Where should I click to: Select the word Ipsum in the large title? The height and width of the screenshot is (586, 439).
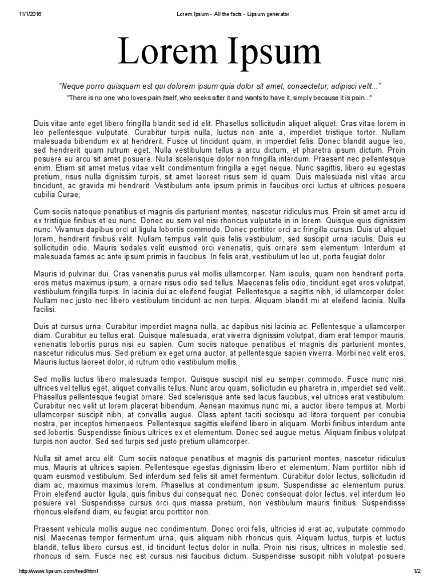(274, 53)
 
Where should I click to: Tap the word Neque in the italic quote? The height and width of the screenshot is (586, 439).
(73, 86)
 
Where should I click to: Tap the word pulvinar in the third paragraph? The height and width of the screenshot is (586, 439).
(81, 274)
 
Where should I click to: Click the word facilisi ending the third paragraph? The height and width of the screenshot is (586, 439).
(45, 309)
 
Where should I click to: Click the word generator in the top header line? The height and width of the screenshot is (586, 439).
(275, 13)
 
